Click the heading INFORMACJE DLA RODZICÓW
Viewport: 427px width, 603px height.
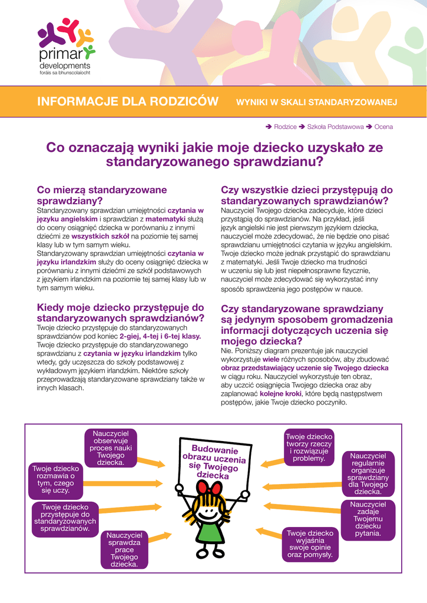(x=128, y=102)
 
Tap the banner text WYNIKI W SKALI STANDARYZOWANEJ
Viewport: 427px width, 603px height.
(x=316, y=102)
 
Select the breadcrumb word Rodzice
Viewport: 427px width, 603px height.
(x=285, y=127)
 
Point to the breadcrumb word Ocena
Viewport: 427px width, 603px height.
(x=383, y=127)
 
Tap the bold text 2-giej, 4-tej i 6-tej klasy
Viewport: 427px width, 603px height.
(x=164, y=336)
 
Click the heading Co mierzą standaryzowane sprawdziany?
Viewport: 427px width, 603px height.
(x=102, y=195)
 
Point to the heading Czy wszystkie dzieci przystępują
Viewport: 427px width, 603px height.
(x=306, y=195)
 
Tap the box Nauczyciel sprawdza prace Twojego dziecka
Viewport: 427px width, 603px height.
(x=124, y=549)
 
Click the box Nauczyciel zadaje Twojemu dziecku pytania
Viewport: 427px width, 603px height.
(x=368, y=519)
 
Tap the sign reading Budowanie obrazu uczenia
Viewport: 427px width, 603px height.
(x=214, y=460)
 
